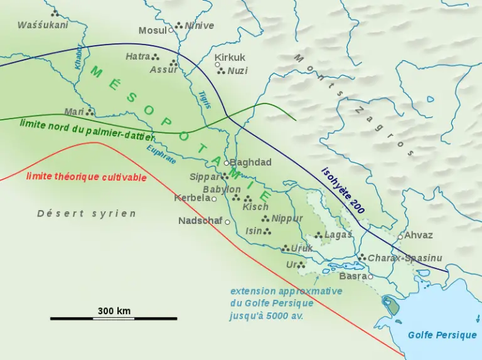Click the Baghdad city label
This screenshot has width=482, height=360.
pos(250,162)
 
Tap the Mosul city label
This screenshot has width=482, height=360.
pos(153,30)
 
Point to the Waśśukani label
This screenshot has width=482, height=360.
pos(43,25)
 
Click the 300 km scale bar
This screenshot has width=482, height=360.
pos(114,318)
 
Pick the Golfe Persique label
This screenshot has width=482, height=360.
pos(442,335)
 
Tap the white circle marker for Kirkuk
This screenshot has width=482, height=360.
pos(218,65)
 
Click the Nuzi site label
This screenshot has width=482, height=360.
pos(237,71)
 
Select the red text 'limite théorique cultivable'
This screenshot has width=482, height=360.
pos(87,176)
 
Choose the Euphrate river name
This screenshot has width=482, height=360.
pos(161,154)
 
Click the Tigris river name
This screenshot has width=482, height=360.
pos(204,100)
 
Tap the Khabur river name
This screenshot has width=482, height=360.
pos(78,56)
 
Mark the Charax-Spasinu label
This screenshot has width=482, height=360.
pos(405,258)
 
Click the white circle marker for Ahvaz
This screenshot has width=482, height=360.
pos(400,237)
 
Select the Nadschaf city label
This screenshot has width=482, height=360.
pos(200,221)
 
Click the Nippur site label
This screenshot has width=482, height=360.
pos(287,218)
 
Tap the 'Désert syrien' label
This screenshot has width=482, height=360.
pos(87,213)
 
